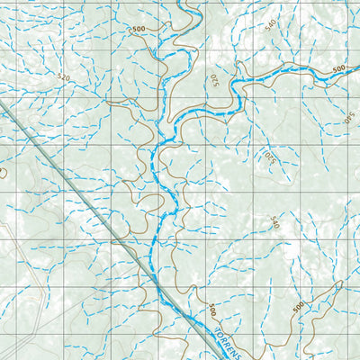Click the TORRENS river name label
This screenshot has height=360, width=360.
(236, 346)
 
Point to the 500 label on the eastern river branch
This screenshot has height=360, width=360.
(338, 69)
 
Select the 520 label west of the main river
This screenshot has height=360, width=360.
(62, 78)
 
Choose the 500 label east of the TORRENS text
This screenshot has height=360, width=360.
(298, 308)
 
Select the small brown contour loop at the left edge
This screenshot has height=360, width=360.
(3, 170)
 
